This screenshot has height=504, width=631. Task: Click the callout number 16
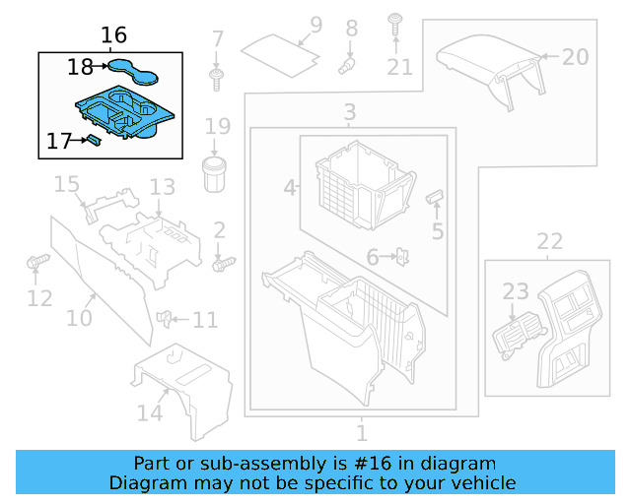pos(114,35)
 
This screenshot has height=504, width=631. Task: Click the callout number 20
pos(575,56)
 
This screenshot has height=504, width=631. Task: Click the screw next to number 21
pos(395,21)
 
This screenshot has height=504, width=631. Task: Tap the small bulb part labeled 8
pos(347,64)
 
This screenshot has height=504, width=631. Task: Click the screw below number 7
pos(216,76)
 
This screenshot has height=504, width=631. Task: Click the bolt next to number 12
pos(37,263)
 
